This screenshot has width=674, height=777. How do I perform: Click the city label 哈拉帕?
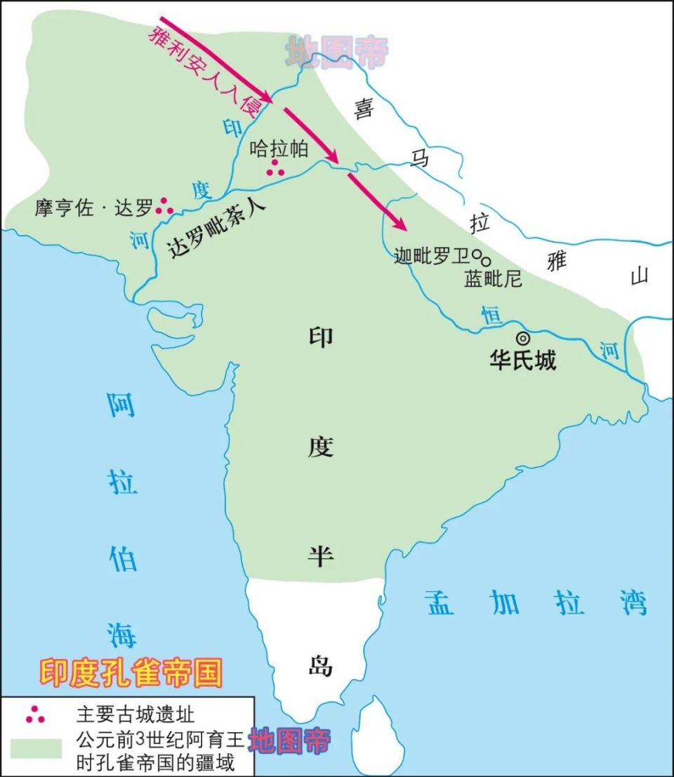[x=279, y=149]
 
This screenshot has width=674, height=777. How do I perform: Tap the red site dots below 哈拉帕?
[x=275, y=168]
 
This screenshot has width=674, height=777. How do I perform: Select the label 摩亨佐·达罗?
[x=93, y=208]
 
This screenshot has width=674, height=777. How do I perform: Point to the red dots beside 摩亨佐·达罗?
[x=165, y=205]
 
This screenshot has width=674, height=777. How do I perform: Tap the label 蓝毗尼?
[x=493, y=279]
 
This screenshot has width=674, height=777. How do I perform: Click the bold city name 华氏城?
[x=523, y=360]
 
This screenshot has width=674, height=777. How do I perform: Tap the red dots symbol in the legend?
[x=35, y=715]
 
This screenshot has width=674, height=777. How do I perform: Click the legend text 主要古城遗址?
[x=135, y=715]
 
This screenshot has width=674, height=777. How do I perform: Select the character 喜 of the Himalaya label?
[x=364, y=110]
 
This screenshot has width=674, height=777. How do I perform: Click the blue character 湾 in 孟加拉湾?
[x=634, y=602]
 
